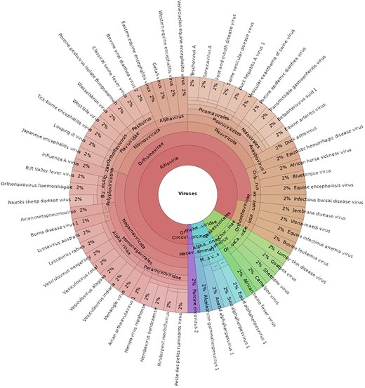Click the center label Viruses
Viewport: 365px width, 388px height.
187,192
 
